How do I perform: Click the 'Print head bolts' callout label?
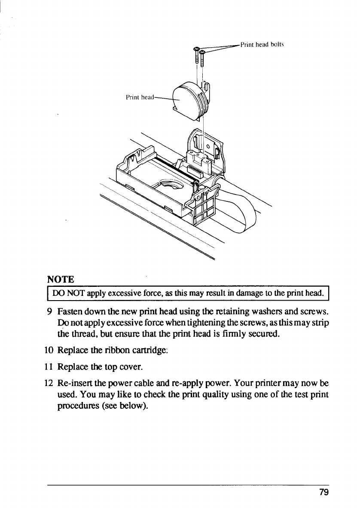point(262,44)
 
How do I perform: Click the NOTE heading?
point(63,280)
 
